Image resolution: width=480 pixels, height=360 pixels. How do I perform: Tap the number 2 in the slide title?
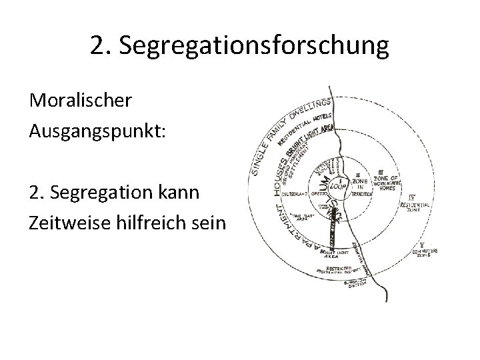[x=99, y=46]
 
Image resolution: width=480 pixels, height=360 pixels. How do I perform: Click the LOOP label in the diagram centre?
[x=341, y=187]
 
